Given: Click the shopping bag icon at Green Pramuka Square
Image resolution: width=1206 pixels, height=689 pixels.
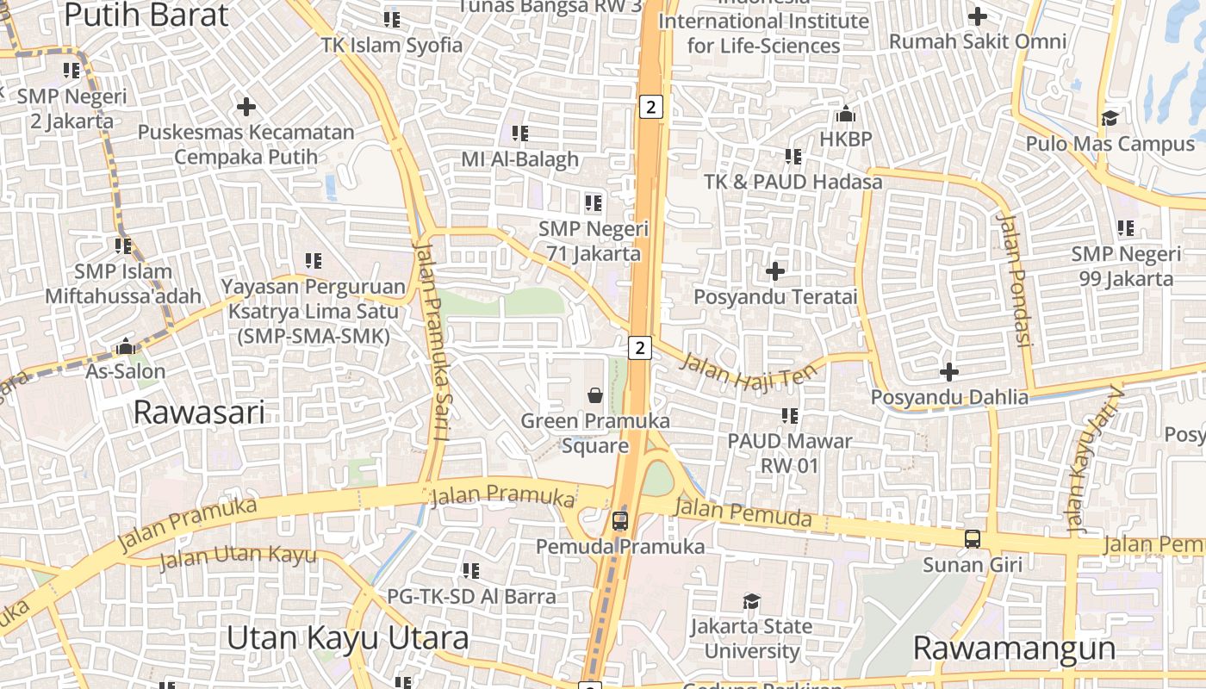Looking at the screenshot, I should (594, 395).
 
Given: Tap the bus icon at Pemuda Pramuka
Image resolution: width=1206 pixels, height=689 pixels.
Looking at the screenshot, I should (619, 520).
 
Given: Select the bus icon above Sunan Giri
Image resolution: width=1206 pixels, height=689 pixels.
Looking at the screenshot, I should (972, 539).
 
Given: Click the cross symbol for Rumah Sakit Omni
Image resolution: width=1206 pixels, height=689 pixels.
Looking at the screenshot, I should (978, 16).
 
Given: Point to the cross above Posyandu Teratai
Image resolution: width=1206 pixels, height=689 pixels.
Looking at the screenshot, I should (775, 271).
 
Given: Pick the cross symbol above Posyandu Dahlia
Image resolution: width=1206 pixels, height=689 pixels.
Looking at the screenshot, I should (949, 372).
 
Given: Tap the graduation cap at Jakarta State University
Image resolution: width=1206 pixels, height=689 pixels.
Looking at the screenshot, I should (752, 600).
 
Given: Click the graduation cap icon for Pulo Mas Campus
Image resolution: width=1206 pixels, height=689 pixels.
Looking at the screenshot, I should (1110, 118).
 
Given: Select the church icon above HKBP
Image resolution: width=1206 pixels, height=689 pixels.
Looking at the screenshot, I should (845, 114).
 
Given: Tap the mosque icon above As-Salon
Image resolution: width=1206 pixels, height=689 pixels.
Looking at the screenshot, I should (126, 347).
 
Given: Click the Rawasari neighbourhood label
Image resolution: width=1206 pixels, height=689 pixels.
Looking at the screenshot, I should (199, 413).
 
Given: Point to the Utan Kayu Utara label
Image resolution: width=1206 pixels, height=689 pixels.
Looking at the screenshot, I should (347, 638).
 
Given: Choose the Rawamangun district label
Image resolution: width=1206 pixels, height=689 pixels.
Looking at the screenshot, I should (1014, 648).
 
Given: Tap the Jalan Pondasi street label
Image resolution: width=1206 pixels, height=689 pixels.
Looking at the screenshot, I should (1014, 280).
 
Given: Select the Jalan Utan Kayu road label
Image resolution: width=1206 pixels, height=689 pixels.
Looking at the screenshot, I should (238, 556).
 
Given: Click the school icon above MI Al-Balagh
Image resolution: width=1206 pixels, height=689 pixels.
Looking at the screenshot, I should (519, 133).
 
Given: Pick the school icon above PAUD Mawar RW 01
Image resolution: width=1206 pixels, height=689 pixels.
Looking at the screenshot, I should (790, 416).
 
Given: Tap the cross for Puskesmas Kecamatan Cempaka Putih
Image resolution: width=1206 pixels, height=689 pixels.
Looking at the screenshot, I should (246, 107).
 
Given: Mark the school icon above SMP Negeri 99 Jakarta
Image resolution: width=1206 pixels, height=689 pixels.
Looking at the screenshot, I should (1126, 228).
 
